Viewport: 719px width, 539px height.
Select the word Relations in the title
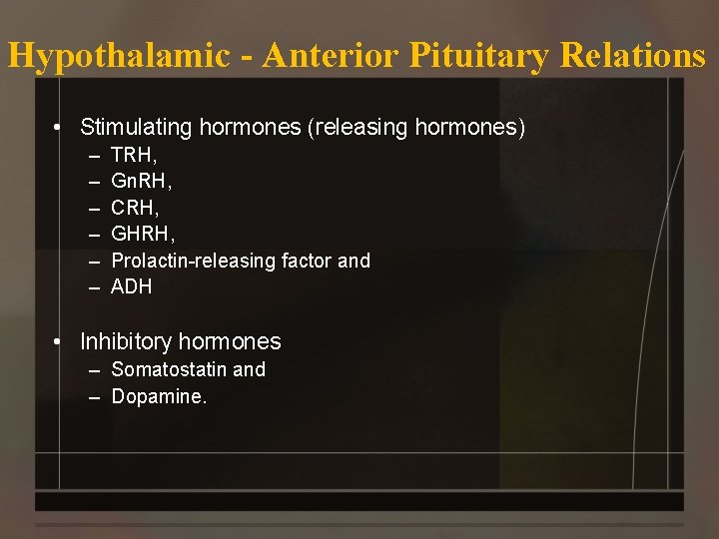click(633, 55)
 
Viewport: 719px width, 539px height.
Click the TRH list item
click(134, 156)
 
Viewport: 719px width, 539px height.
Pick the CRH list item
click(135, 208)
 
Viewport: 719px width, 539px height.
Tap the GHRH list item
click(142, 235)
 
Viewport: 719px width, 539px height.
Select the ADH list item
click(131, 287)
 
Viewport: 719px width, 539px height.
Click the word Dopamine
click(159, 397)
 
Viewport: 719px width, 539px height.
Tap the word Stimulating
click(137, 128)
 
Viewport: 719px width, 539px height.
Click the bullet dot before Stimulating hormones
click(61, 128)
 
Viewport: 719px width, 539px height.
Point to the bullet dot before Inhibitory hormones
click(61, 341)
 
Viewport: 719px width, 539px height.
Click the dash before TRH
click(94, 157)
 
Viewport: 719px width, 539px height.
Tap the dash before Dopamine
click(94, 397)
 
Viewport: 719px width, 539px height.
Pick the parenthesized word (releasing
click(357, 128)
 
